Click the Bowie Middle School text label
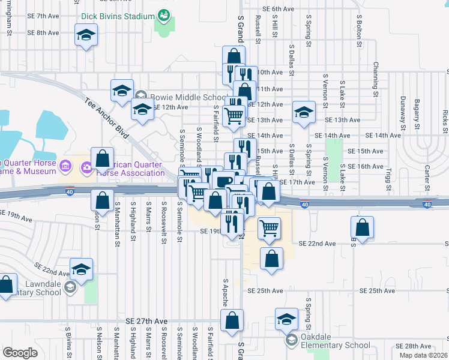[x=187, y=97]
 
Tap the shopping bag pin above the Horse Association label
[x=103, y=158]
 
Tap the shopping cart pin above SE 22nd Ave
[x=270, y=227]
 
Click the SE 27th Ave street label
[x=146, y=322]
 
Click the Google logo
[x=20, y=353]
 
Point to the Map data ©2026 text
[x=425, y=355]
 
